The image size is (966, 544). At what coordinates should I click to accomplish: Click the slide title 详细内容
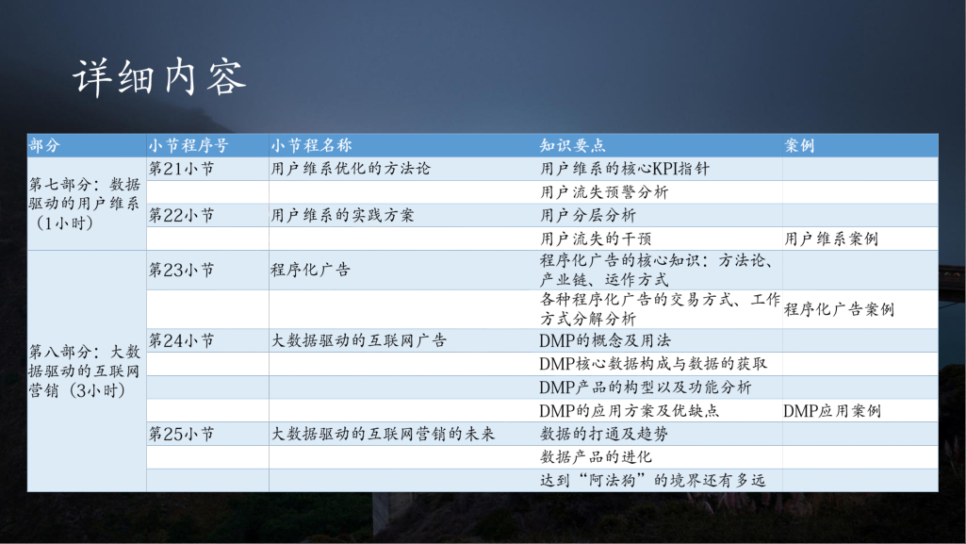[159, 77]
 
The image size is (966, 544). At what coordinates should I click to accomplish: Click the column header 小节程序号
[188, 145]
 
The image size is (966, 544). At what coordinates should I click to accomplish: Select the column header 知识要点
[572, 145]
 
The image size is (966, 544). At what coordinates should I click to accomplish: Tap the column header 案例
[800, 145]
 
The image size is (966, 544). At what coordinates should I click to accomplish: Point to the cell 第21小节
[181, 168]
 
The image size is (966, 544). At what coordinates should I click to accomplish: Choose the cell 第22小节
[181, 215]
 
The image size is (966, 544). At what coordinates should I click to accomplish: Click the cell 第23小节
[181, 270]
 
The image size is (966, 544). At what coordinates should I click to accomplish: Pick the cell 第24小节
[181, 340]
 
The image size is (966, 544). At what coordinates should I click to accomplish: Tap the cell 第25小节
[181, 434]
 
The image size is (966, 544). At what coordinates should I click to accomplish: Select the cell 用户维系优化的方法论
[351, 168]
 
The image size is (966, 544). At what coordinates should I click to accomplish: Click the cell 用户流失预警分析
[604, 191]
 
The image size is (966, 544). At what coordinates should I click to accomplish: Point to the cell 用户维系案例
[831, 239]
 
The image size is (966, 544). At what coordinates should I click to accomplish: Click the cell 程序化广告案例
[839, 309]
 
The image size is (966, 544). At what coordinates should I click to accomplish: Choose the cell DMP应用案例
[832, 410]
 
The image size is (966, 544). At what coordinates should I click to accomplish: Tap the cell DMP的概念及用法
[605, 340]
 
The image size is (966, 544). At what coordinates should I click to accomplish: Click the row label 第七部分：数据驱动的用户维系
[85, 204]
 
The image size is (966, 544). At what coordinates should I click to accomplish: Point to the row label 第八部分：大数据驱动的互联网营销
[85, 371]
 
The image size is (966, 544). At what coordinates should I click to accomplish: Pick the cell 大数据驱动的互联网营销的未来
[384, 434]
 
